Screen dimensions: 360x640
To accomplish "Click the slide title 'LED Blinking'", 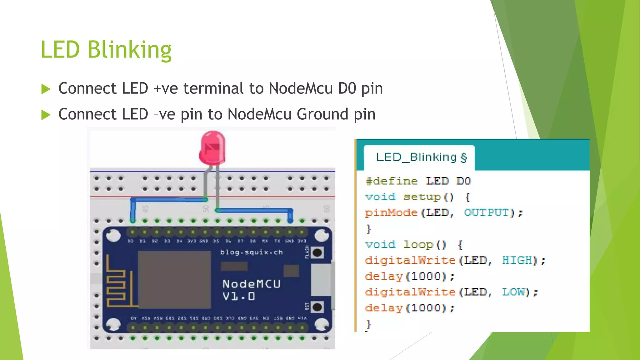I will coord(106,50).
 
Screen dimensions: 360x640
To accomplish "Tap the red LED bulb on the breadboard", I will coord(212,148).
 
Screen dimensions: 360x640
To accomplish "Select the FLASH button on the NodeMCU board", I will coord(317,252).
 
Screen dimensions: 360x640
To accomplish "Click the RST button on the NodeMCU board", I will coord(317,307).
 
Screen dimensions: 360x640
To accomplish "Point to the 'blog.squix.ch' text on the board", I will coord(251,252).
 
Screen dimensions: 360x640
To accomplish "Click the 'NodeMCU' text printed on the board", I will coord(251,284).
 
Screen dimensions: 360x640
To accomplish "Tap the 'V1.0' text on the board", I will coord(239,296).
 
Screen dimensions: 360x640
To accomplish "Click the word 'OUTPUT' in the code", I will coord(487,213).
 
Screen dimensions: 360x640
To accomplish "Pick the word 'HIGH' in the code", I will coord(517,260).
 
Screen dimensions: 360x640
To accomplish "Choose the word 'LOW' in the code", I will coord(513,292).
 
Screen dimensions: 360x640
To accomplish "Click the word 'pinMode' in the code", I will coord(391,213).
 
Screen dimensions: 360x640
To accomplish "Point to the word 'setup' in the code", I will coord(422,197).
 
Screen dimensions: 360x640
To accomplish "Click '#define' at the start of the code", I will coord(392,181).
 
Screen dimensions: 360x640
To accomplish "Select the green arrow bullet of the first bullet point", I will coord(46,89).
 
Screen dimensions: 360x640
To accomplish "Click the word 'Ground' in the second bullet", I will coord(322,114).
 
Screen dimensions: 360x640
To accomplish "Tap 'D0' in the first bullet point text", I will coord(347,88).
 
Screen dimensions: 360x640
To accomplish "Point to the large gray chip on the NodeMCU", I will coord(174,279).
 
